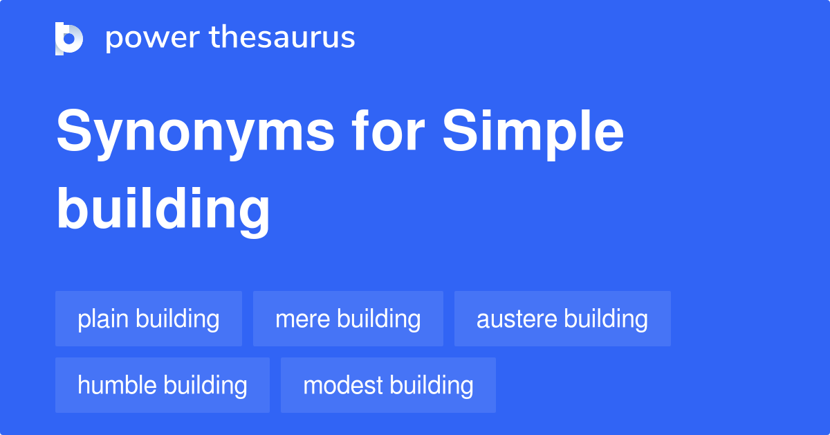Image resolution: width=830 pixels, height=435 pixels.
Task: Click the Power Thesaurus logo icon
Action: tap(69, 38)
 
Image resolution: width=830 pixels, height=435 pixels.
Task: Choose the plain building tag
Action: tap(149, 319)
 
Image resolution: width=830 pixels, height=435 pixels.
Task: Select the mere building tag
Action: tap(348, 319)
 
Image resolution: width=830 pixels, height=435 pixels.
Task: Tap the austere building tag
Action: tap(562, 319)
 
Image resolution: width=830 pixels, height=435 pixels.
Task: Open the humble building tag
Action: tap(163, 385)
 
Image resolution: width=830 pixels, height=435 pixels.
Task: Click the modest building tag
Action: tap(388, 385)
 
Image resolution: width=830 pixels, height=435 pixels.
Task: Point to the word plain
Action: tap(104, 319)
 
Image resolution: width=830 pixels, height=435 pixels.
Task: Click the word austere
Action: tap(517, 319)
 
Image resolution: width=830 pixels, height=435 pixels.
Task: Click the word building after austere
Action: tap(607, 319)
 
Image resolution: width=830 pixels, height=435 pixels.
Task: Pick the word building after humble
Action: tap(205, 385)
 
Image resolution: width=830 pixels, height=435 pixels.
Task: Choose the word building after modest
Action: tap(432, 385)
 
